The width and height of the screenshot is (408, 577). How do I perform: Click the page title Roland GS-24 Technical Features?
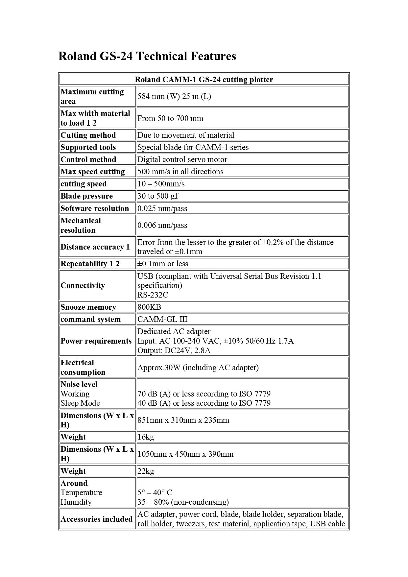pyautogui.click(x=147, y=56)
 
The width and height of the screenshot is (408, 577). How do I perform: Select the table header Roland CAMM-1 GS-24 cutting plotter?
pyautogui.click(x=204, y=80)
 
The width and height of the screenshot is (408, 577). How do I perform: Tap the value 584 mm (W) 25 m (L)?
pyautogui.click(x=174, y=96)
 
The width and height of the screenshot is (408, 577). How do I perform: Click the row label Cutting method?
pyautogui.click(x=88, y=135)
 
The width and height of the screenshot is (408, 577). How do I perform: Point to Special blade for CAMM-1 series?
pyautogui.click(x=193, y=147)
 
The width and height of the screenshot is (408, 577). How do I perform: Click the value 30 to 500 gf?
pyautogui.click(x=157, y=196)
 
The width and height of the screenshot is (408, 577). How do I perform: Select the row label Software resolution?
pyautogui.click(x=95, y=208)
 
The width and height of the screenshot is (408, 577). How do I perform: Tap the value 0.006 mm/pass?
pyautogui.click(x=162, y=225)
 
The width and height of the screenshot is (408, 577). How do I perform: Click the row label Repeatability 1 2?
pyautogui.click(x=90, y=264)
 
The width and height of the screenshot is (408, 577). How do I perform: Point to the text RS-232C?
pyautogui.click(x=153, y=295)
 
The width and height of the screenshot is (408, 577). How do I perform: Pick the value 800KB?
pyautogui.click(x=149, y=307)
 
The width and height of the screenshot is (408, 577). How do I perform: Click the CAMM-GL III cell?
pyautogui.click(x=162, y=319)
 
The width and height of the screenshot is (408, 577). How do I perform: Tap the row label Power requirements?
pyautogui.click(x=96, y=341)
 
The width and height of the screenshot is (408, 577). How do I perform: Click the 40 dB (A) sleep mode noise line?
pyautogui.click(x=204, y=403)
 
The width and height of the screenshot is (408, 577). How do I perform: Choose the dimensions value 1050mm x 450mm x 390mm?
pyautogui.click(x=185, y=454)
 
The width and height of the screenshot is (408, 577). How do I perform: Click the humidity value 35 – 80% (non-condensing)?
pyautogui.click(x=183, y=502)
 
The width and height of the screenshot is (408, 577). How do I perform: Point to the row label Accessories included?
pyautogui.click(x=96, y=519)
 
